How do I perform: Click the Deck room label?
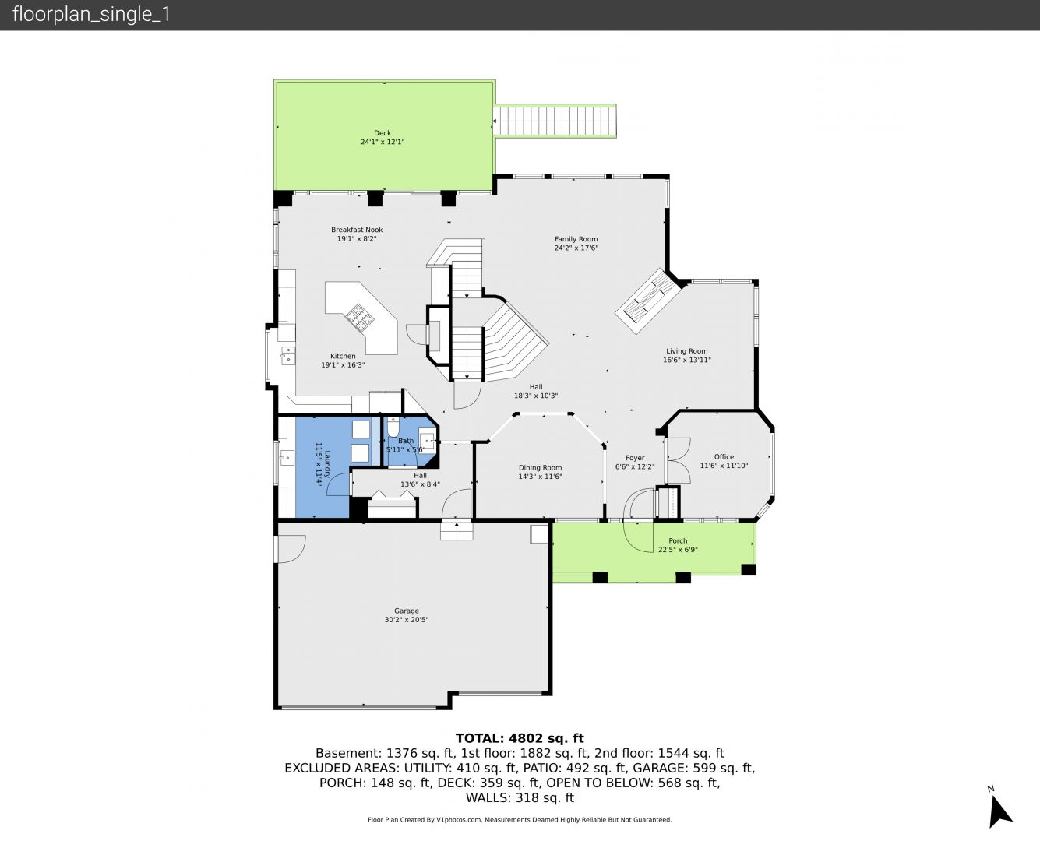(383, 132)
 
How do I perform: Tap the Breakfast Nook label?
(357, 230)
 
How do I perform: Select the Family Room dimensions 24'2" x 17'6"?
(576, 248)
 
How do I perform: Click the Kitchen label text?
(343, 356)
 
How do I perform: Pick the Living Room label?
(686, 351)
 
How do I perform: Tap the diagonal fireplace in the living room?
(648, 301)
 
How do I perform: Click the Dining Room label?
(540, 467)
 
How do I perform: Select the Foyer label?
(635, 458)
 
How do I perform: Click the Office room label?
(724, 457)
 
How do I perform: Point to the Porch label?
(678, 541)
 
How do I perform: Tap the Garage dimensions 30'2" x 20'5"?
(406, 620)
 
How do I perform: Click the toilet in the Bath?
(393, 428)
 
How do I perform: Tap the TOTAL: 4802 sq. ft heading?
(520, 738)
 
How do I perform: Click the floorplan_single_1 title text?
(91, 15)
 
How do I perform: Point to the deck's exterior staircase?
(555, 121)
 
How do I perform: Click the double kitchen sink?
(287, 355)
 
